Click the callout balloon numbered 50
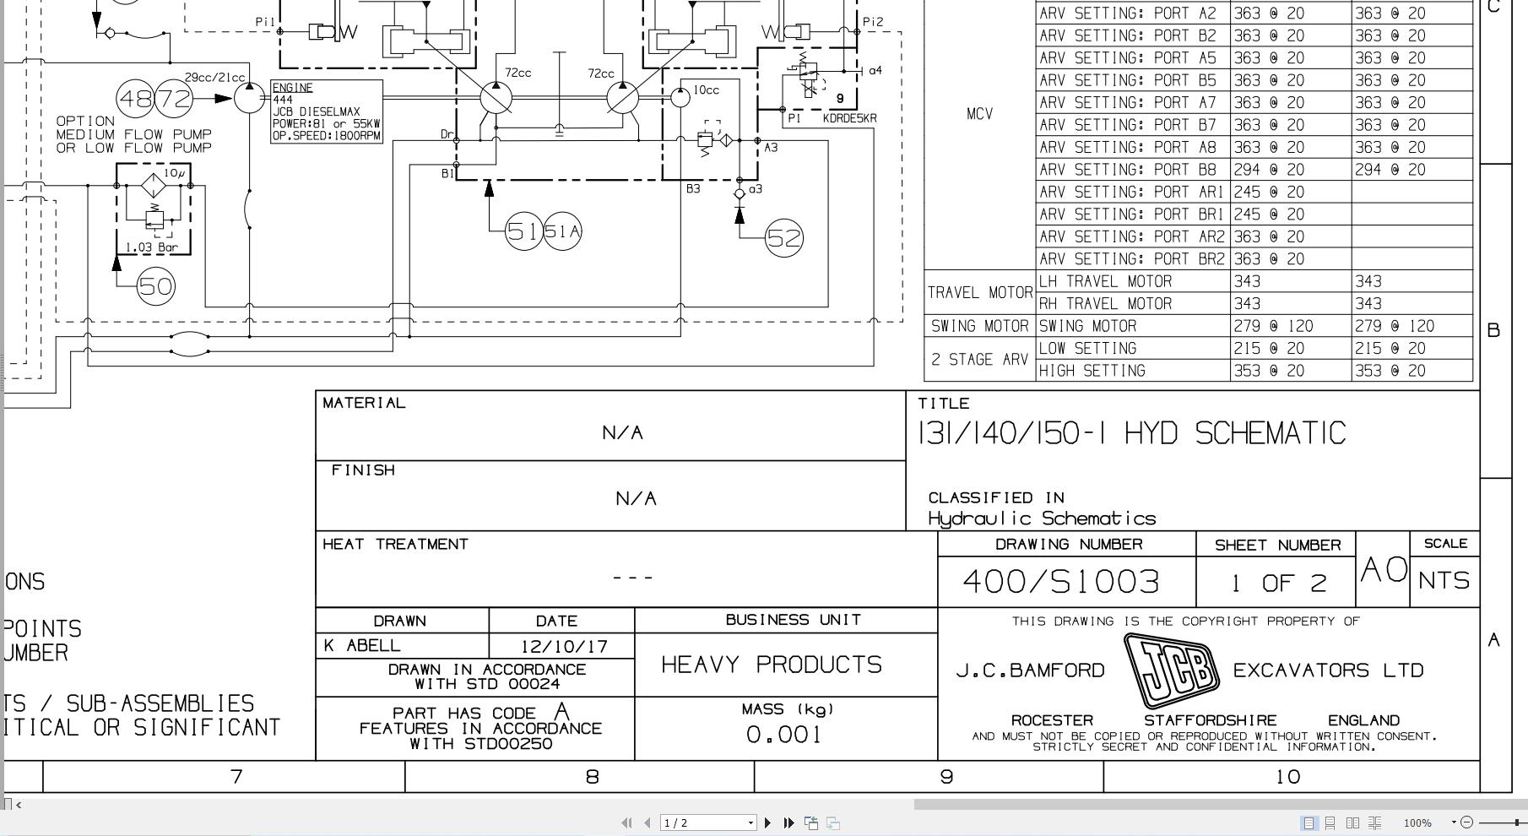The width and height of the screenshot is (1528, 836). (155, 286)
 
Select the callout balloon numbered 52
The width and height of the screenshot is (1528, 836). (783, 238)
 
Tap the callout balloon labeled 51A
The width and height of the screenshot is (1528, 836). (562, 231)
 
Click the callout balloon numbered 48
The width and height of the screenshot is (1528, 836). (135, 99)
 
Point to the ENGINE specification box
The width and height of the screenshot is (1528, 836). (326, 111)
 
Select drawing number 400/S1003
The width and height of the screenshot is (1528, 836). (1060, 581)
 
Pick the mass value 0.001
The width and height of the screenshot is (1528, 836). (784, 735)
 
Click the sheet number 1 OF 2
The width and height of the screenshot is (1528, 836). (1278, 583)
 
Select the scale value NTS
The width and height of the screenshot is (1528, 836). (1444, 581)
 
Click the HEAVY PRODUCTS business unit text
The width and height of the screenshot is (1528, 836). (771, 665)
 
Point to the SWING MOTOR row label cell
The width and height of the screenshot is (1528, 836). (979, 326)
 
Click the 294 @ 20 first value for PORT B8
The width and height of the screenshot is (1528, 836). (1267, 170)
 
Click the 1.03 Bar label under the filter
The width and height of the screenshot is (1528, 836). (152, 247)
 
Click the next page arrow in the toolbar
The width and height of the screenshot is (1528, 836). (767, 822)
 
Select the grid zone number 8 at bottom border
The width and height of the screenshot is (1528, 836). (592, 777)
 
